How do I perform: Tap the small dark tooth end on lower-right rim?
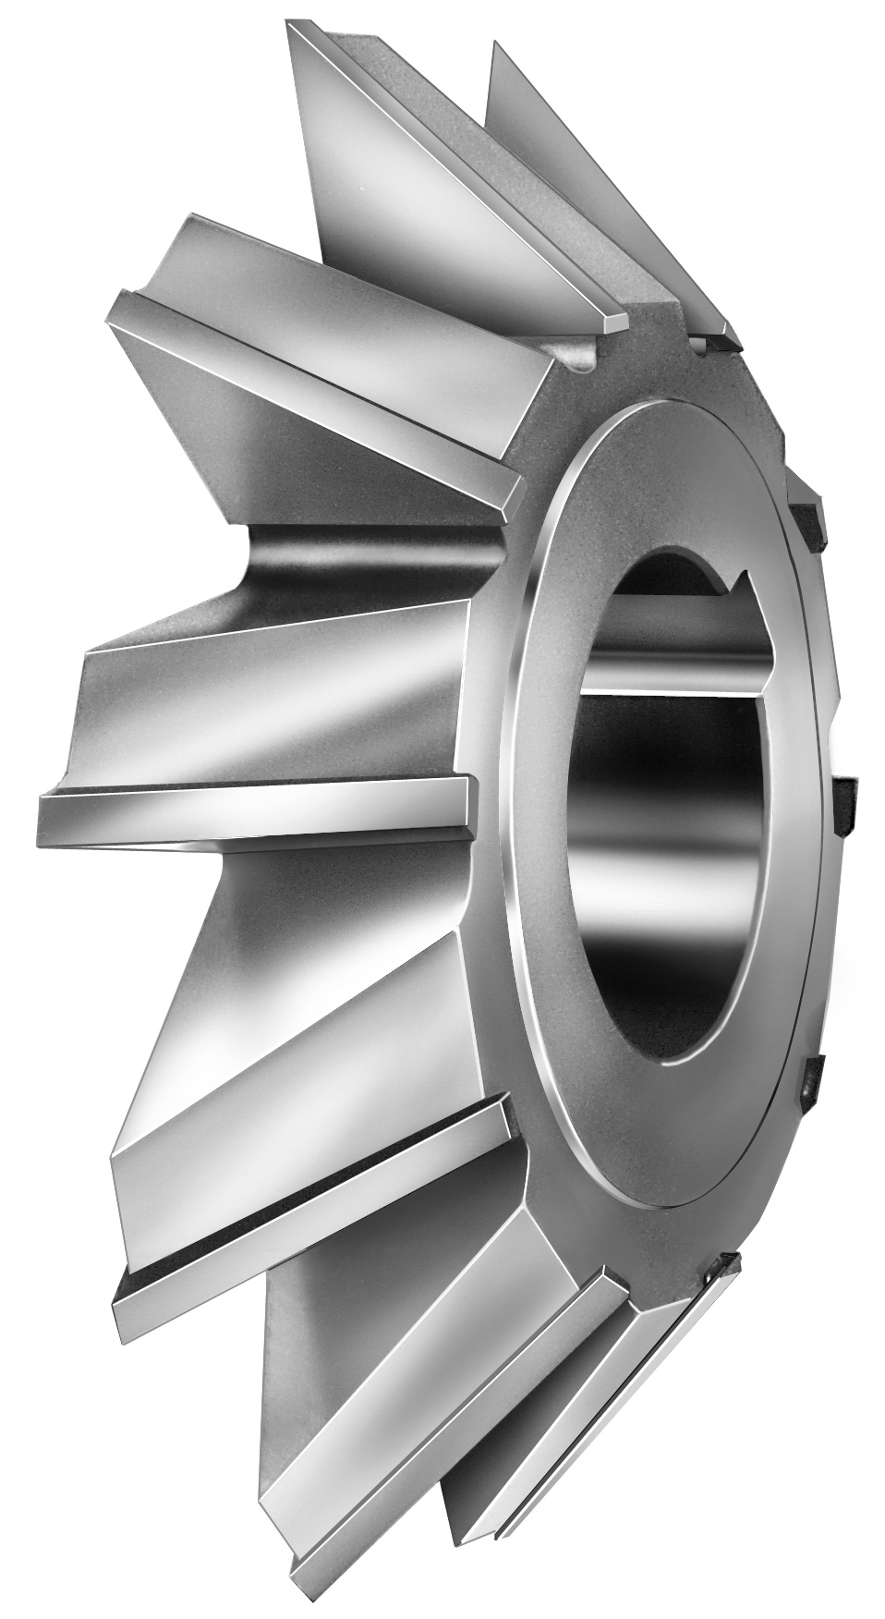[810, 1077]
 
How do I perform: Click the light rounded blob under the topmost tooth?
[577, 360]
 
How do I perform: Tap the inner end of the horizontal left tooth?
[462, 795]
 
